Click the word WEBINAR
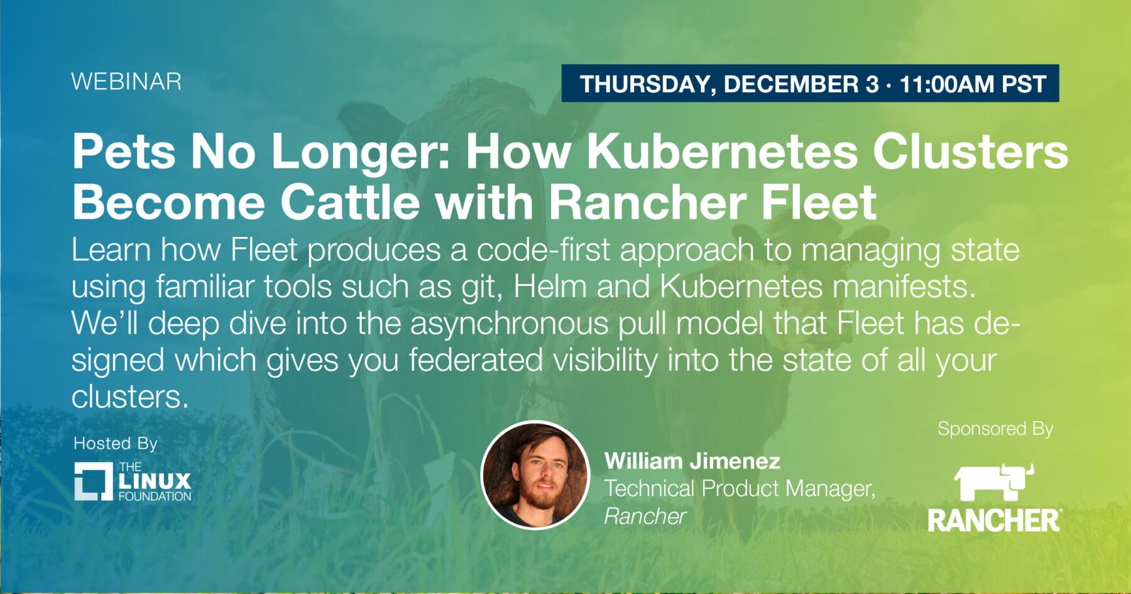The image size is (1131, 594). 126,82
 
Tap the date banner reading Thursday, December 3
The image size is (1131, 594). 810,84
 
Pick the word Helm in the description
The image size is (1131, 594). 550,287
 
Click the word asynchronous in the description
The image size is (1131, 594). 510,324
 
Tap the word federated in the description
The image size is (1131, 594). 476,361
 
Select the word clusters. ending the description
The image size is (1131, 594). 130,397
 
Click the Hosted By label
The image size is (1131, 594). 116,444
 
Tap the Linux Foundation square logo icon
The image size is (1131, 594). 93,481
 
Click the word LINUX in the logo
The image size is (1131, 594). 155,481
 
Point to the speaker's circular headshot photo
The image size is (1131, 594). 535,475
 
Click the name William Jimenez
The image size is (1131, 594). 692,461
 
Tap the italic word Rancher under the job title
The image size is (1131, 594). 645,516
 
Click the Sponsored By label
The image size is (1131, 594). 995,429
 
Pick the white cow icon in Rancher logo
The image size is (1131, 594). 994,482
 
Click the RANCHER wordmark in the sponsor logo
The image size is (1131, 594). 995,520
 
